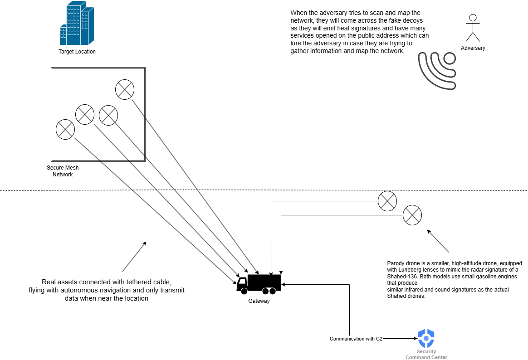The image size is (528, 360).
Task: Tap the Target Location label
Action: (77, 52)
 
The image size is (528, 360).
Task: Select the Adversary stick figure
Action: (473, 28)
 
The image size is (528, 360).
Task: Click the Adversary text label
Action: (473, 48)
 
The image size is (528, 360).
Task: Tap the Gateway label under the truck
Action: (259, 301)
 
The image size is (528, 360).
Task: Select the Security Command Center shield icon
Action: (426, 338)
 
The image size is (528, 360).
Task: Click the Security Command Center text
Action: (426, 355)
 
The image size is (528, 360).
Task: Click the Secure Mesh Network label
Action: (63, 171)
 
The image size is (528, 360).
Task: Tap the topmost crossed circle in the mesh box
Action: (125, 89)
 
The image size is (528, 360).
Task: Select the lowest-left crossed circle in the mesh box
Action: (65, 129)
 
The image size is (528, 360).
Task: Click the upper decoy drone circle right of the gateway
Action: (387, 201)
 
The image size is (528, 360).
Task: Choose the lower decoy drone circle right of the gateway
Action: (412, 214)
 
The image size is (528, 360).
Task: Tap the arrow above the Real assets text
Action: (134, 256)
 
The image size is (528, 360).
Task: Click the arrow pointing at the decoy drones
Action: (437, 241)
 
